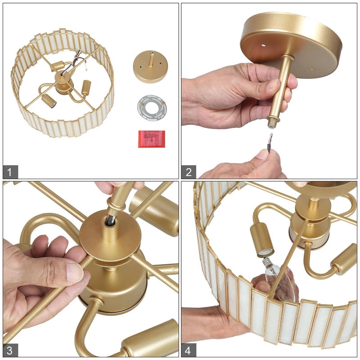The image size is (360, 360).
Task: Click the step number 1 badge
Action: (10, 172)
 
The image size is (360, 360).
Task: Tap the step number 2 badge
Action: (189, 172)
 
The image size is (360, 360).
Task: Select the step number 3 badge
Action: (10, 350)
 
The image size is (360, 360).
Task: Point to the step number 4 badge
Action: (189, 350)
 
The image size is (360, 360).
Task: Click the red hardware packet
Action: (152, 139)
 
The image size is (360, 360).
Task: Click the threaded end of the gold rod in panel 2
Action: (272, 122)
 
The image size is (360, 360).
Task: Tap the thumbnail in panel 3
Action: (75, 273)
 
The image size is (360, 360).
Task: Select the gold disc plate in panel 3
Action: (110, 237)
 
